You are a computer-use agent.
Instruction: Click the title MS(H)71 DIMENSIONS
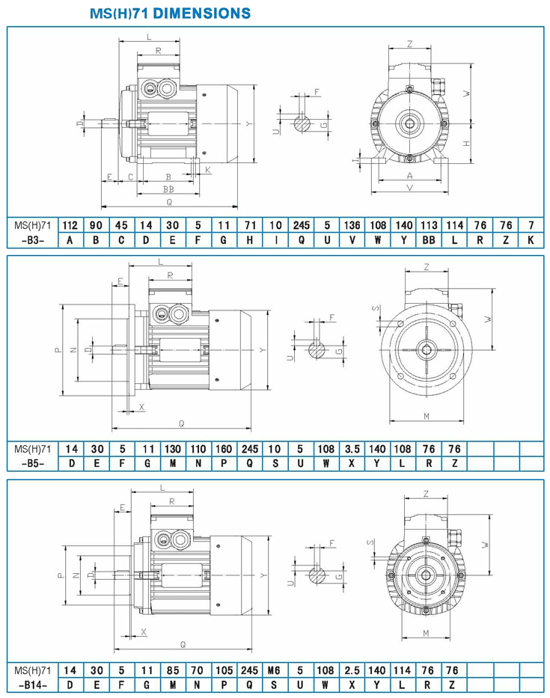pos(170,13)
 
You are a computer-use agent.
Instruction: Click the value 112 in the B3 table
pos(70,225)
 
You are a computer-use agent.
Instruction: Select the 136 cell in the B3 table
pos(352,225)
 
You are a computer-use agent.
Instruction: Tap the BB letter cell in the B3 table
pos(429,240)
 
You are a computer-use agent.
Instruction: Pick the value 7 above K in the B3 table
pos(531,225)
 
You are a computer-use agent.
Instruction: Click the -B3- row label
pos(33,240)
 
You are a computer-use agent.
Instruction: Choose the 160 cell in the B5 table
pos(224,449)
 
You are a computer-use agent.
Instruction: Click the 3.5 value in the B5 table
pos(352,449)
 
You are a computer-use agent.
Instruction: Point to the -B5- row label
pos(33,463)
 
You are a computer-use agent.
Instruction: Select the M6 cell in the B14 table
pos(273,670)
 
